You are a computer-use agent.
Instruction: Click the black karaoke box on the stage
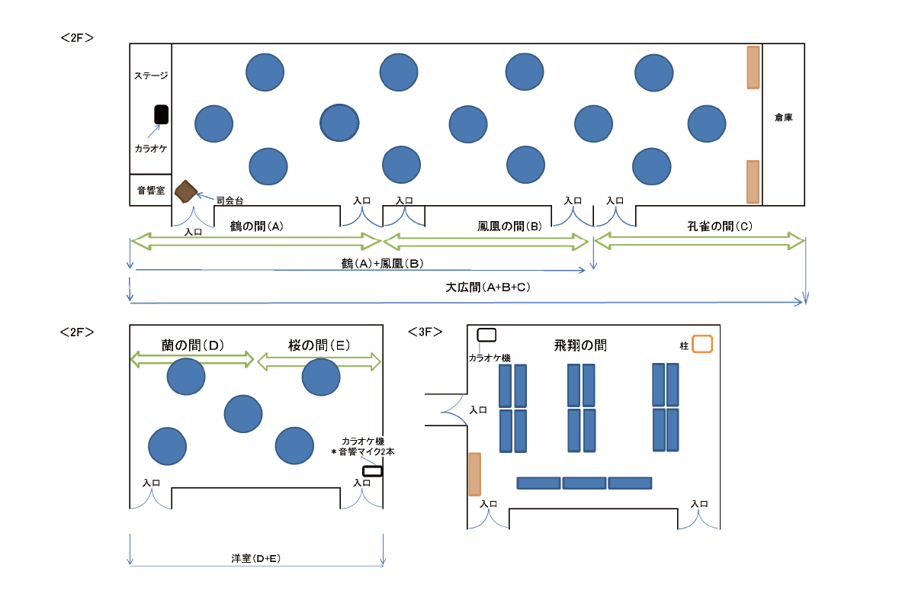point(161,114)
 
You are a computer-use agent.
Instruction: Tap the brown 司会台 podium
point(186,191)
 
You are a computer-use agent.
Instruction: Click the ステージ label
point(151,75)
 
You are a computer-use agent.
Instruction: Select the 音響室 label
point(151,191)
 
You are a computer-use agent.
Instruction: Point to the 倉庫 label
point(784,117)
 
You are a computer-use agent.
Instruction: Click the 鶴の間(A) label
point(256,226)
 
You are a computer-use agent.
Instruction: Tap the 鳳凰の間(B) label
point(509,226)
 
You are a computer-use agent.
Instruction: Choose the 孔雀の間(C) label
point(720,226)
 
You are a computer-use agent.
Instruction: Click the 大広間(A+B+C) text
point(488,287)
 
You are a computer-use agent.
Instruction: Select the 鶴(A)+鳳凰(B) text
point(382,264)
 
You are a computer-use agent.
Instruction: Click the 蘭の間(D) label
point(193,345)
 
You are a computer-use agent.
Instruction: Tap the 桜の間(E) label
point(319,345)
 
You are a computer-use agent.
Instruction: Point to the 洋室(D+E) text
point(256,558)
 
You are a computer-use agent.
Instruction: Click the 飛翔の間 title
point(580,345)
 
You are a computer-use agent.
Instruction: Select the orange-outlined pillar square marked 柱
point(702,344)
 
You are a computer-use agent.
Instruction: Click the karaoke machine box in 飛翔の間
point(486,335)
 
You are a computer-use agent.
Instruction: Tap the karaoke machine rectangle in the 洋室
point(373,471)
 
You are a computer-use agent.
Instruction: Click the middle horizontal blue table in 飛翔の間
point(584,483)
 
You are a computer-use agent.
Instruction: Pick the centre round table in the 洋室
point(243,413)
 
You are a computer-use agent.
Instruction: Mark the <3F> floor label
point(425,332)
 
